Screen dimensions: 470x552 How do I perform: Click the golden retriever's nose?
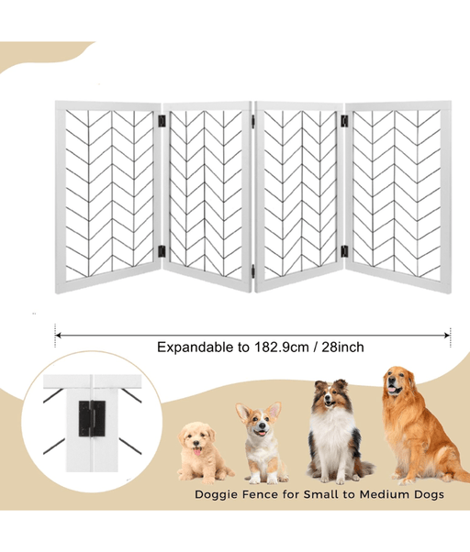pyautogui.click(x=392, y=381)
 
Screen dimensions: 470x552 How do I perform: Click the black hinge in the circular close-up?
pyautogui.click(x=92, y=418)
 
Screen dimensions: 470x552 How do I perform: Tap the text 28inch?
pyautogui.click(x=342, y=348)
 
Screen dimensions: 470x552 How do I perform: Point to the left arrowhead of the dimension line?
pyautogui.click(x=58, y=336)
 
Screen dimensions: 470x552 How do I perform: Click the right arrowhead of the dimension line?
pyautogui.click(x=447, y=336)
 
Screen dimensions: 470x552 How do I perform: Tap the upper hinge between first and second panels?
pyautogui.click(x=162, y=121)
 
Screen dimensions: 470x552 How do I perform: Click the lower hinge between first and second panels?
pyautogui.click(x=162, y=251)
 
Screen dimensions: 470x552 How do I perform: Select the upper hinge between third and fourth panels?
pyautogui.click(x=344, y=121)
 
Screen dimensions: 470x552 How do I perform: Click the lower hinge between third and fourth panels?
pyautogui.click(x=344, y=251)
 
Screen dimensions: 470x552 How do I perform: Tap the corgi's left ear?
pyautogui.click(x=242, y=413)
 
